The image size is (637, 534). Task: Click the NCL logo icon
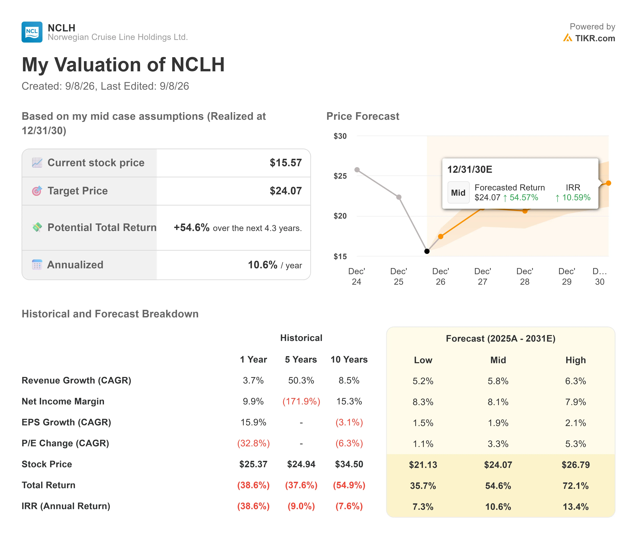tap(32, 32)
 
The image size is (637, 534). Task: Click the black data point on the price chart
tap(427, 251)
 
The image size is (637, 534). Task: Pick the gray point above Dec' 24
tap(357, 170)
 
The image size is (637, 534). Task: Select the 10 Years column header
tap(349, 360)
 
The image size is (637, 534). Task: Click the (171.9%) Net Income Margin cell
tap(301, 402)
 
